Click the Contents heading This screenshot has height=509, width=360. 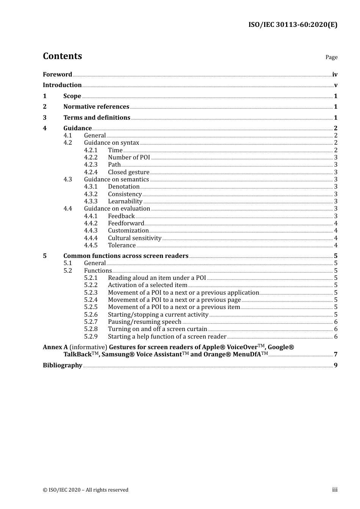[x=62, y=56]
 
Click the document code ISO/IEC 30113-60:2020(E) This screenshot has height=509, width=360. [x=293, y=25]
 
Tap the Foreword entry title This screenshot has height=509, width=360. [x=57, y=74]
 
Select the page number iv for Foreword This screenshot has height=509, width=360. [x=335, y=74]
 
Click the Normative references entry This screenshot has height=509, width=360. [x=96, y=106]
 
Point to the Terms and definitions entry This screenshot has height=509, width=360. [x=97, y=117]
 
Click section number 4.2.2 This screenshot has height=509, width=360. [x=91, y=157]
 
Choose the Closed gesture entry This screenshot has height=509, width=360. [x=128, y=172]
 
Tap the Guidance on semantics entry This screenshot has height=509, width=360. [x=116, y=179]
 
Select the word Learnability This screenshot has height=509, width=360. [x=125, y=201]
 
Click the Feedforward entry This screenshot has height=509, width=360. [x=126, y=223]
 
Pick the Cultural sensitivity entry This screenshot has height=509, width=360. [x=135, y=238]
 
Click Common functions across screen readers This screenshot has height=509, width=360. [x=126, y=256]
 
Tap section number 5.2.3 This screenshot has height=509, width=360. [x=91, y=292]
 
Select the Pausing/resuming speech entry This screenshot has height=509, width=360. [x=144, y=322]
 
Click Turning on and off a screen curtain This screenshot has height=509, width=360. [x=157, y=329]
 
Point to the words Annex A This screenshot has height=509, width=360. [x=53, y=347]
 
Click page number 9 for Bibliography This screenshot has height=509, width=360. [x=335, y=365]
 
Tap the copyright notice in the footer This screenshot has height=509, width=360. [x=86, y=490]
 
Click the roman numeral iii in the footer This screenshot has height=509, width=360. [x=335, y=490]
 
